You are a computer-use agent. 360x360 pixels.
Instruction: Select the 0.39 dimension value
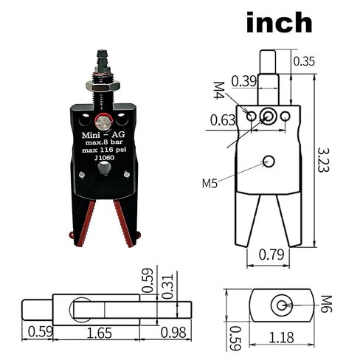[243, 80]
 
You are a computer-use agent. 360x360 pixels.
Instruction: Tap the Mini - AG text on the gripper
[103, 135]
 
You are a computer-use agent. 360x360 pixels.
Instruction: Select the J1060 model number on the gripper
[104, 158]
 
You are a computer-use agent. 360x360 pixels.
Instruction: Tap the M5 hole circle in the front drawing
[269, 162]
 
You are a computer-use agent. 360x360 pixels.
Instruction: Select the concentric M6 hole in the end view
[280, 305]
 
